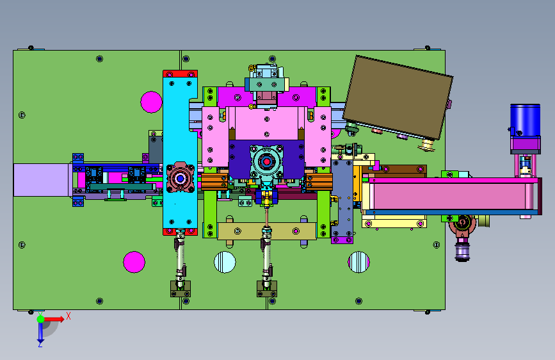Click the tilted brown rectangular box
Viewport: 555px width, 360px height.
click(x=398, y=97)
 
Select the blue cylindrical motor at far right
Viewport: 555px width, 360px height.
click(x=526, y=120)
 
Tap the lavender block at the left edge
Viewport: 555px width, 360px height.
click(x=41, y=180)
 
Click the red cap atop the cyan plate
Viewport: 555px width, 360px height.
click(x=180, y=74)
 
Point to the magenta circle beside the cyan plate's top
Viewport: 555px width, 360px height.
click(x=152, y=102)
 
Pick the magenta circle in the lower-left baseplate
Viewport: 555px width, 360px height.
click(x=134, y=262)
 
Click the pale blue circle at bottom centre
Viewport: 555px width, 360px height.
click(x=225, y=262)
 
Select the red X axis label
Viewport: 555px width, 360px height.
click(x=68, y=316)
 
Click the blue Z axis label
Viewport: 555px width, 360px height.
click(x=40, y=344)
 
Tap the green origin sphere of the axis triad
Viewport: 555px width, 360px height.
click(x=41, y=319)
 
